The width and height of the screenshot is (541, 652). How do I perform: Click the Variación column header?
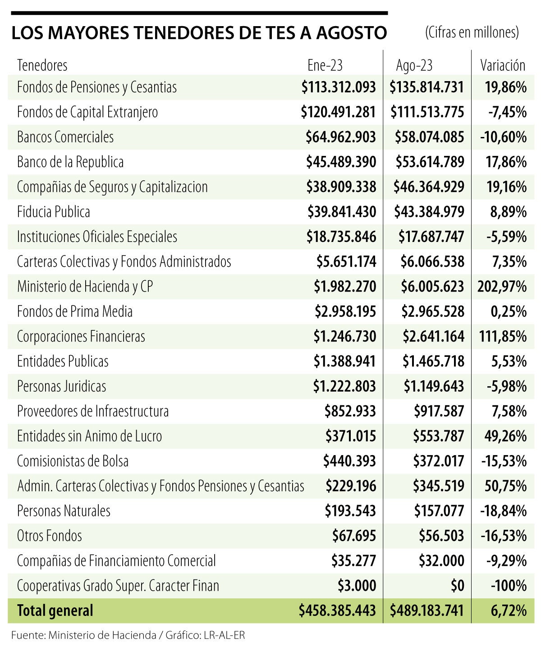(503, 65)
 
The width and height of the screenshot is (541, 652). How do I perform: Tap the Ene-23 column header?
(325, 65)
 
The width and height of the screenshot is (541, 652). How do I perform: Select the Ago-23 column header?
(414, 65)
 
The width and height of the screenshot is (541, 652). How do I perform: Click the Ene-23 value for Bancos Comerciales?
(340, 137)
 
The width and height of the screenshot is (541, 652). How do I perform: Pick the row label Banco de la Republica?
(70, 162)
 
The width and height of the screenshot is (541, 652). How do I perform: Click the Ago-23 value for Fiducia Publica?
(429, 212)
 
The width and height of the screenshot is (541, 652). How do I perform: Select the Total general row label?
(55, 611)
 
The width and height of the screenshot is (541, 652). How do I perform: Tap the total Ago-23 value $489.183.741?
(427, 611)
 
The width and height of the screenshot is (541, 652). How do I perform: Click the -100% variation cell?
(509, 586)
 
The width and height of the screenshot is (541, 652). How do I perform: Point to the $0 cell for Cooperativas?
(457, 586)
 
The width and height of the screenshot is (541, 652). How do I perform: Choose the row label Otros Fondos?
(50, 536)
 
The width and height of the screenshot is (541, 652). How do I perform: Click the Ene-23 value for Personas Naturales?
(350, 511)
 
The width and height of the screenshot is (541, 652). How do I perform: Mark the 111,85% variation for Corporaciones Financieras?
(502, 337)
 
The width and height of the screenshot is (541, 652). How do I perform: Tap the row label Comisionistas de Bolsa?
(73, 461)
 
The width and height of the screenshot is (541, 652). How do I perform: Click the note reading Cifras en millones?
(472, 32)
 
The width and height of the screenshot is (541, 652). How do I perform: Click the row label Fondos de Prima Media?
(75, 311)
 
